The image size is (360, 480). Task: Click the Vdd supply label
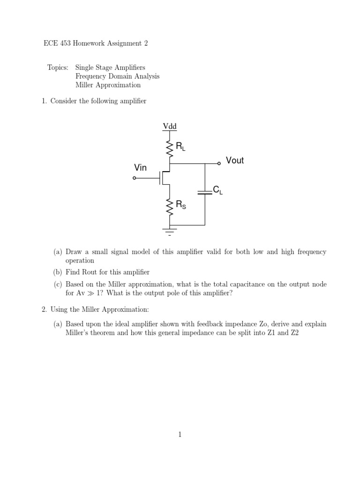click(169, 126)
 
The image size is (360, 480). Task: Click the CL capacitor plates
click(205, 191)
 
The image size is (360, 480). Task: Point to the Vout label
click(235, 161)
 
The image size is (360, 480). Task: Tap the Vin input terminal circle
click(135, 178)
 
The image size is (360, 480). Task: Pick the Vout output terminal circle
click(219, 164)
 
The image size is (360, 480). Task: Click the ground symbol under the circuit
click(169, 230)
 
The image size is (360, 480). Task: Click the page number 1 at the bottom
click(180, 435)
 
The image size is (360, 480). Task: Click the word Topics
click(58, 67)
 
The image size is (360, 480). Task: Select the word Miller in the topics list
click(86, 85)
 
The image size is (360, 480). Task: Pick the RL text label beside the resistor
click(181, 147)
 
